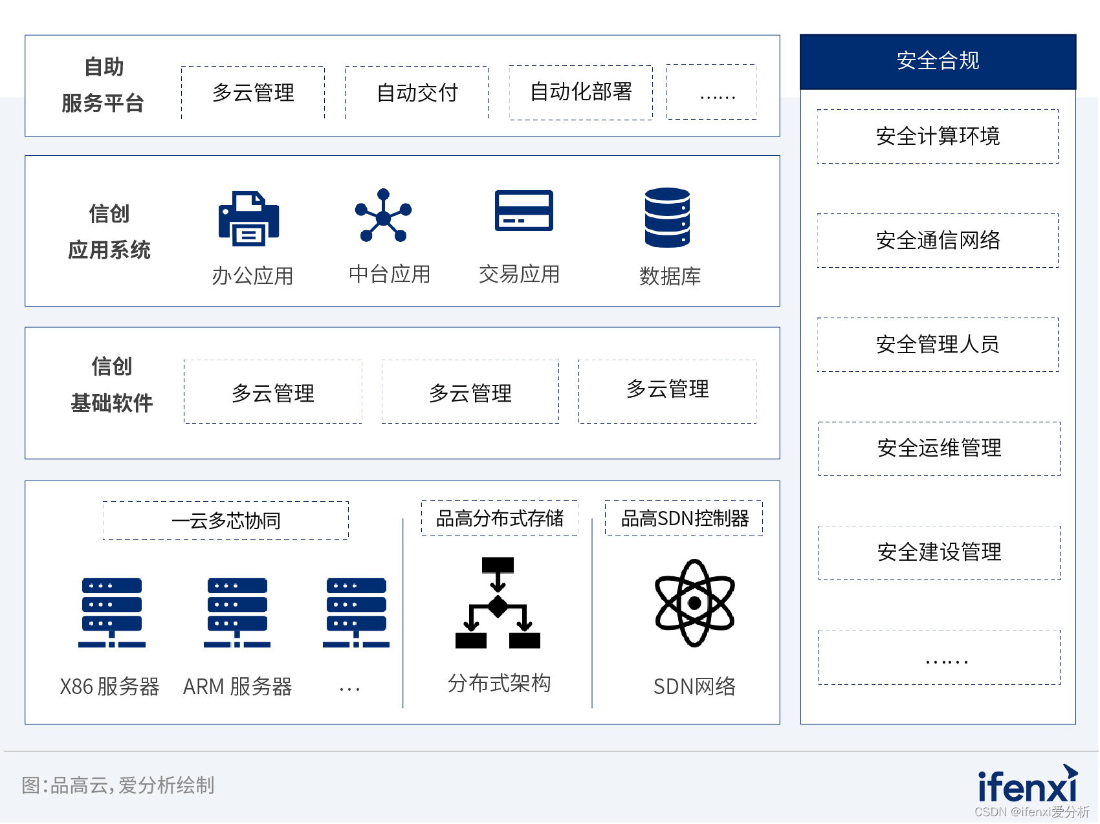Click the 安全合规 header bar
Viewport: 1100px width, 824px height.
[x=938, y=61]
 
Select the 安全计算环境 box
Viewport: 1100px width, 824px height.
[x=938, y=136]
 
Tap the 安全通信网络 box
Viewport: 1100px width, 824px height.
[x=938, y=241]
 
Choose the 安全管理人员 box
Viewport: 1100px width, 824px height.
[x=938, y=345]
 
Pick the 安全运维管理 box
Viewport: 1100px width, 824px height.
[x=939, y=449]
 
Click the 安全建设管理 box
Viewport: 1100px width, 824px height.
[x=939, y=553]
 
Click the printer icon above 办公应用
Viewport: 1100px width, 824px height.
[x=248, y=218]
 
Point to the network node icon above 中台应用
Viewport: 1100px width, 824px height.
[x=383, y=215]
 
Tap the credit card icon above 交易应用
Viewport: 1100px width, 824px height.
[x=524, y=210]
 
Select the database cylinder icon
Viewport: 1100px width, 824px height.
[x=667, y=217]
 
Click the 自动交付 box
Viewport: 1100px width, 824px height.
[x=417, y=92]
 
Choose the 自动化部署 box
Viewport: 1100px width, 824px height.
[x=581, y=92]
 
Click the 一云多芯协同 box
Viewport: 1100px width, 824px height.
[x=226, y=521]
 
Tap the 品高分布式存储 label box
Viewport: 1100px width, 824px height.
[x=500, y=518]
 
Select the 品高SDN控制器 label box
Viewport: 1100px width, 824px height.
[x=684, y=518]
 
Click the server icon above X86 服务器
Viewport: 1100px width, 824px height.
[x=111, y=613]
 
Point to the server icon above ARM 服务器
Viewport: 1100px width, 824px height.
[x=237, y=613]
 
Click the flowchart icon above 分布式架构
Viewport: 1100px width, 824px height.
[x=498, y=603]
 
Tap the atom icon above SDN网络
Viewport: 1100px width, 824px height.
[x=694, y=603]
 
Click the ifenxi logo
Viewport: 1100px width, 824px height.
[x=1028, y=783]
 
